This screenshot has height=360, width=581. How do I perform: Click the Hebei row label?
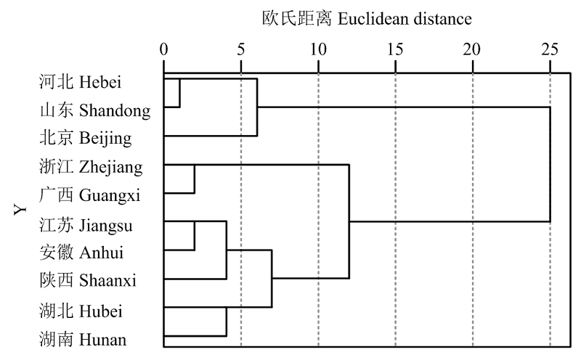tap(80, 82)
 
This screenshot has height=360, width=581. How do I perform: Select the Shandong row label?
tap(95, 110)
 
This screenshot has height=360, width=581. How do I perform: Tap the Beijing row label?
tap(86, 139)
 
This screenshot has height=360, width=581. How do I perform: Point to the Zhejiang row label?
tap(91, 167)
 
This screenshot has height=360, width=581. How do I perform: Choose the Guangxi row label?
tap(89, 195)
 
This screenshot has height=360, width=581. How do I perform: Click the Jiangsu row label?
tap(86, 225)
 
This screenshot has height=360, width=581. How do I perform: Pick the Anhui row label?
tap(81, 253)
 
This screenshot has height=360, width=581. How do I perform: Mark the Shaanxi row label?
tap(88, 280)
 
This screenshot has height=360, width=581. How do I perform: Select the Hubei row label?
tap(81, 311)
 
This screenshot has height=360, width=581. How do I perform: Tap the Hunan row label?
tap(83, 339)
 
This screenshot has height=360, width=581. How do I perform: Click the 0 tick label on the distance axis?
tap(164, 49)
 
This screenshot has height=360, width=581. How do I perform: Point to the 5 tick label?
tap(241, 49)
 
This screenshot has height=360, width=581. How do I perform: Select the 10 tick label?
tap(318, 49)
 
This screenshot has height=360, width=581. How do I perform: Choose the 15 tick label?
tap(395, 49)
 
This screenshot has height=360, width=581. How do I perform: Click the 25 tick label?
tap(550, 49)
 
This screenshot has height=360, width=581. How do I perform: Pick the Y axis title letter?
tap(20, 210)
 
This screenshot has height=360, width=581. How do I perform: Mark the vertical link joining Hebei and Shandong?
tap(179, 93)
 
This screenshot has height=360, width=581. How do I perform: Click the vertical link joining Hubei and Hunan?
tap(227, 322)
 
